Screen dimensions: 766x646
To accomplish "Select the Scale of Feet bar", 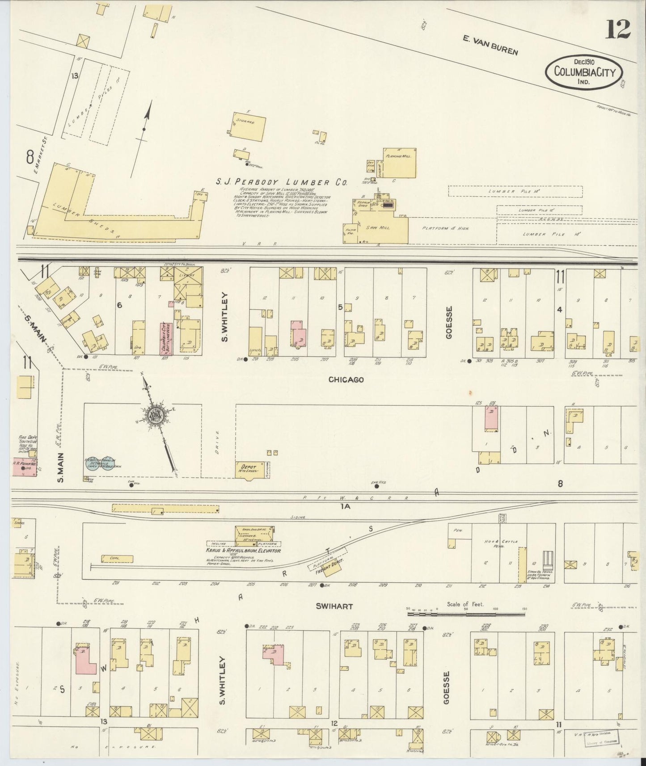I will point(466,614).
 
